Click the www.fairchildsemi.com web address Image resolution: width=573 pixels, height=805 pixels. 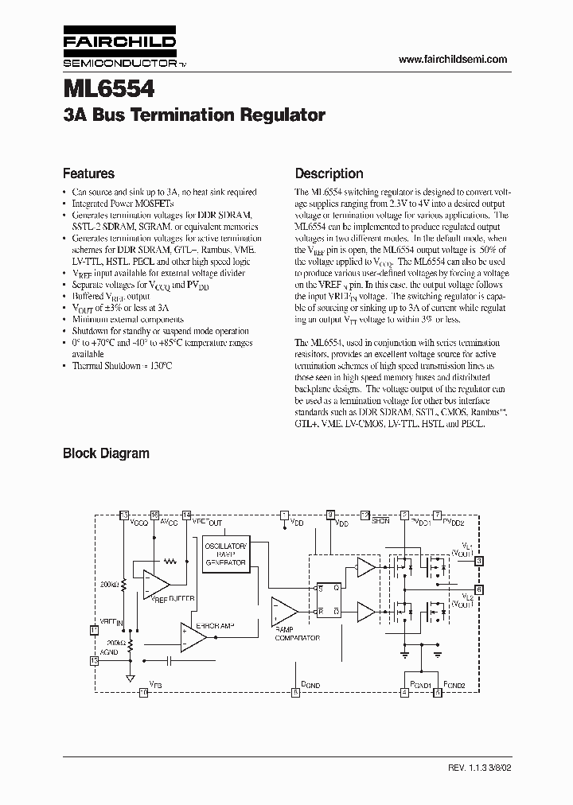point(452,60)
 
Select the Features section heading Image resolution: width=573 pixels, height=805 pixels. point(88,173)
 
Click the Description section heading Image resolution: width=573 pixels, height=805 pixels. point(329,173)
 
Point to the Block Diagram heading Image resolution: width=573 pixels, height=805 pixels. point(106,453)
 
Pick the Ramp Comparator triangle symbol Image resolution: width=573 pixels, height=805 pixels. point(283,611)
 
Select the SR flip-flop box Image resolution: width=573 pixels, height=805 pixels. point(329,599)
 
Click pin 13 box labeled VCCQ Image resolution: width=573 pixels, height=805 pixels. point(123,515)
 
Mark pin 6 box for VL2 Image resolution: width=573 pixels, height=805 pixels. point(478,589)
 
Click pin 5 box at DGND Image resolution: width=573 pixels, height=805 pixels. point(295,693)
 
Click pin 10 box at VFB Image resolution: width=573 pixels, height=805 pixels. point(144,693)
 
